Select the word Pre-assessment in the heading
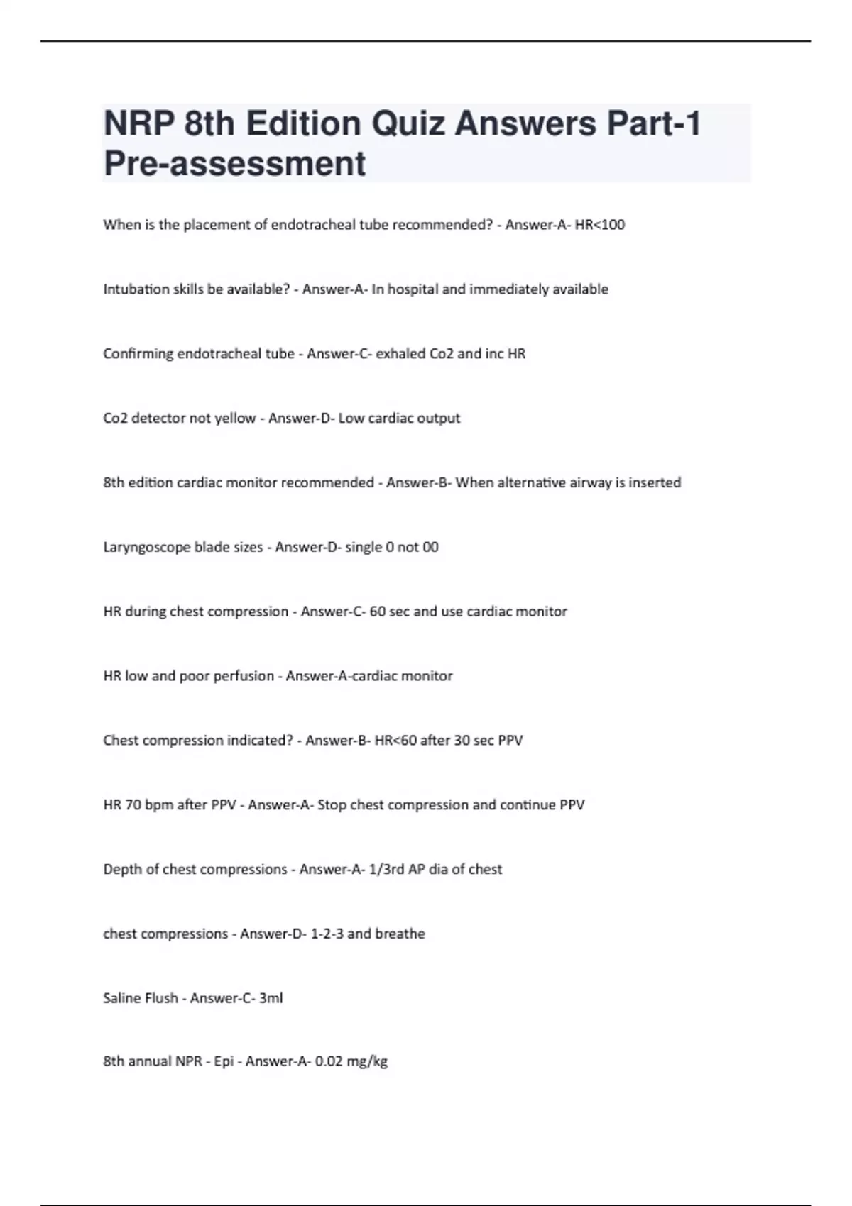point(234,163)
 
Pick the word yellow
point(235,419)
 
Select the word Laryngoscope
point(147,548)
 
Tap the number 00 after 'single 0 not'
point(430,547)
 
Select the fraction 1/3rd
point(386,870)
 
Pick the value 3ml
point(271,998)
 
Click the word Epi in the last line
point(223,1062)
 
